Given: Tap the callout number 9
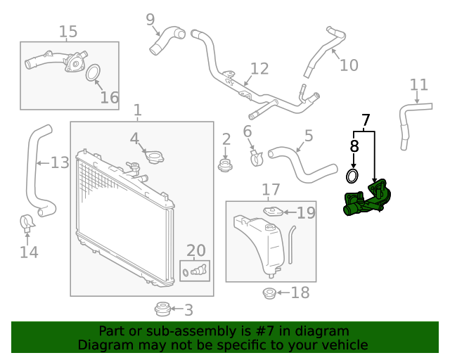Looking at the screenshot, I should click(150, 19).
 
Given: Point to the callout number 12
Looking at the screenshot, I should click(259, 68).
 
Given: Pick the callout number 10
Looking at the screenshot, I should click(349, 65).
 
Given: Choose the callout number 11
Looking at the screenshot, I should click(419, 85).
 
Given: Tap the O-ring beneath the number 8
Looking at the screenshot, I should click(354, 174).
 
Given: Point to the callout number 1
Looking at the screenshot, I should click(138, 110).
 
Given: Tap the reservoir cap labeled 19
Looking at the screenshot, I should click(273, 211).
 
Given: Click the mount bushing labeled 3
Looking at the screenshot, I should click(162, 309).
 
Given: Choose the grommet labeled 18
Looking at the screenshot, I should click(269, 293).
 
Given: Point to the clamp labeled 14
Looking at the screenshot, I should click(28, 224).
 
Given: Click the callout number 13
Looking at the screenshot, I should click(60, 163).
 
